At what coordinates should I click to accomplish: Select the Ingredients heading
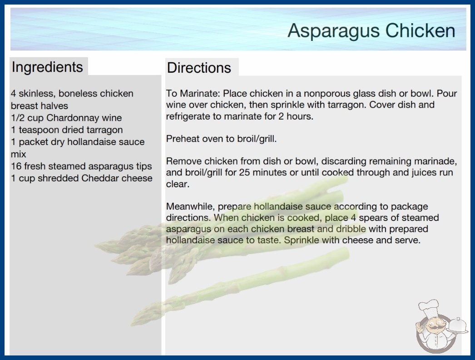47,67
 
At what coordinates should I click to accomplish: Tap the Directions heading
199,68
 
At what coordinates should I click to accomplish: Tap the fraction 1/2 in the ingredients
18,118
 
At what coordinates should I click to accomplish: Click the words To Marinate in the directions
194,94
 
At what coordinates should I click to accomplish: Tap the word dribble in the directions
351,229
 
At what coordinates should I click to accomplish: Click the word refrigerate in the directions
188,116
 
